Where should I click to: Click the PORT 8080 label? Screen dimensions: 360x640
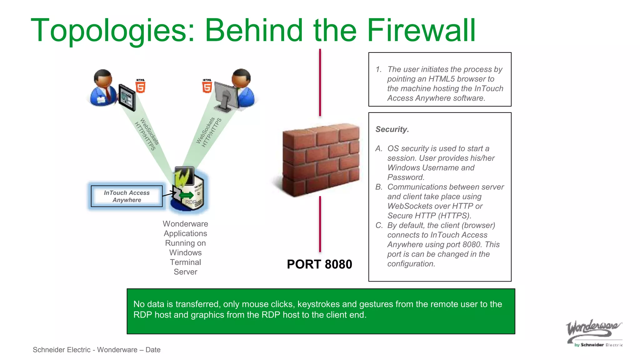click(x=319, y=264)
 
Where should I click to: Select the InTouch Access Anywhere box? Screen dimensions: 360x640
click(x=127, y=196)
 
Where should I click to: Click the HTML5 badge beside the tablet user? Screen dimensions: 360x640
click(x=141, y=86)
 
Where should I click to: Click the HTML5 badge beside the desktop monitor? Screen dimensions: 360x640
click(x=207, y=86)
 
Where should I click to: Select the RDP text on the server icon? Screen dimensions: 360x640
click(x=191, y=202)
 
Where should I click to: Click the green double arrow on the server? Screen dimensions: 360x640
click(x=187, y=196)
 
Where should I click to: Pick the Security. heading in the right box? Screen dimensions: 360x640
click(x=392, y=129)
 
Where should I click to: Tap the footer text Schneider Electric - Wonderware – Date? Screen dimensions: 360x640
click(x=97, y=350)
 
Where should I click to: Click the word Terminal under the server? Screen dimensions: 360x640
click(x=185, y=262)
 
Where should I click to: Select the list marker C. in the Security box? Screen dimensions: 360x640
click(x=379, y=225)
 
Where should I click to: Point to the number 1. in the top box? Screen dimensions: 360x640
click(x=379, y=69)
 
